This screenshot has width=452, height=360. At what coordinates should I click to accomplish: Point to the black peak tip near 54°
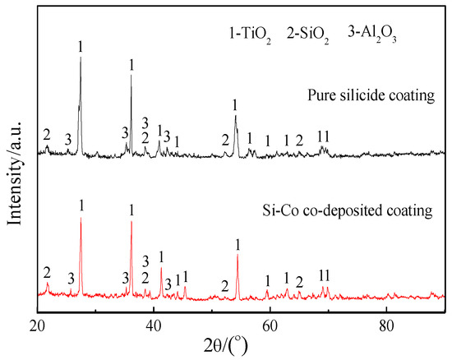[236, 116]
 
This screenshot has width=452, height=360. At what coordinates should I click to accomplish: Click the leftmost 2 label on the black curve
[47, 135]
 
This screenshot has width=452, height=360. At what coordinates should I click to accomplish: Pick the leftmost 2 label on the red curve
[47, 272]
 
